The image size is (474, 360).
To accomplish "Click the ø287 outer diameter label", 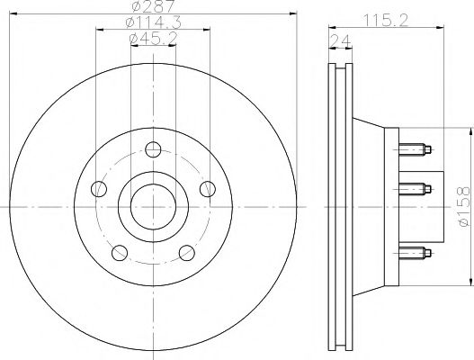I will (149, 6).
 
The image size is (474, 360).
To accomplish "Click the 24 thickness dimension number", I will (339, 40).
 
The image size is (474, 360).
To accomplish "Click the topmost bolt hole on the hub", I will (153, 149).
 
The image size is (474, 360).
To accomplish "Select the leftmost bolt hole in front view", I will (100, 189).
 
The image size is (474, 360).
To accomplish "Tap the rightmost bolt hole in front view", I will (207, 189).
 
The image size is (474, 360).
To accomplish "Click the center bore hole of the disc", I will (153, 206).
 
